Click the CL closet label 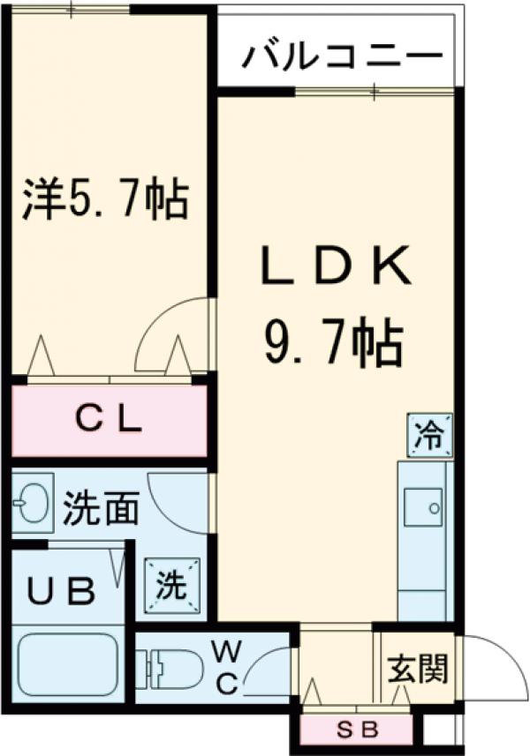[108, 421]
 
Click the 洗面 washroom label [101, 509]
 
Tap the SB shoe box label [357, 729]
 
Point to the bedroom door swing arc [172, 331]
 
